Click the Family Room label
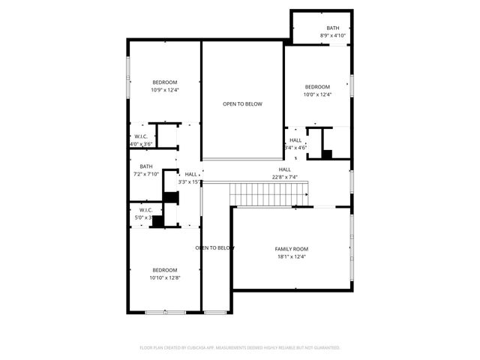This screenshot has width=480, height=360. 292,249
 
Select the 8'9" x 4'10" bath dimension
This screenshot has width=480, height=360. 332,35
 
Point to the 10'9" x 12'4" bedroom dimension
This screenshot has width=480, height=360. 165,90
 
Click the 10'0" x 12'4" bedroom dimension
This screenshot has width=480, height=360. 316,94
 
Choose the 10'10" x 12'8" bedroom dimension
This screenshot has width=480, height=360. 165,277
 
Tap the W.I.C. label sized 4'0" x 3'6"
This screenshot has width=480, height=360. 141,136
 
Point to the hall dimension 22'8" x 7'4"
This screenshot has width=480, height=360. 285,177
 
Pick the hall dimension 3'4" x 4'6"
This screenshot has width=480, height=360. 295,148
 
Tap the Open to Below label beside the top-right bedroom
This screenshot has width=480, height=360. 242,104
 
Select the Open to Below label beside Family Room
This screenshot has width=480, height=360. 216,247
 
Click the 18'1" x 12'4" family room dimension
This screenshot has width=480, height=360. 292,256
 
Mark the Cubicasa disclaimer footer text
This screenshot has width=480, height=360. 240,347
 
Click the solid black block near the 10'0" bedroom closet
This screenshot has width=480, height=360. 327,154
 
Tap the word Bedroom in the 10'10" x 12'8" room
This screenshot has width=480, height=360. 165,270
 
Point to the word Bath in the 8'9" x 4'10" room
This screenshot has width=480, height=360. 332,28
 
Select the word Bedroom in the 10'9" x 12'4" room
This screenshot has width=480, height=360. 165,82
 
